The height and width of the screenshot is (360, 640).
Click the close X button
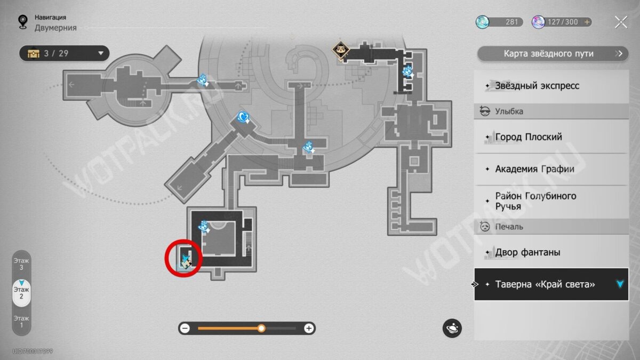(x=621, y=22)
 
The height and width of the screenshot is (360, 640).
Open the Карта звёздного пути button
(x=553, y=53)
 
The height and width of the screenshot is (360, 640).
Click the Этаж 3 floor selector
(x=21, y=263)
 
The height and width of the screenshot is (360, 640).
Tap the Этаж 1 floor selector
(x=21, y=321)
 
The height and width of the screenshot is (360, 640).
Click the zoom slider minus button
(x=185, y=329)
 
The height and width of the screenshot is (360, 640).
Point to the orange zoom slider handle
(x=261, y=329)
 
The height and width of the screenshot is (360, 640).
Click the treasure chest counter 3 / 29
(x=64, y=53)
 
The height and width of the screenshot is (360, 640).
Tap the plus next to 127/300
(x=588, y=22)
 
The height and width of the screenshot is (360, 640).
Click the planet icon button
(x=452, y=329)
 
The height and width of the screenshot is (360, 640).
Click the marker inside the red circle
(x=186, y=260)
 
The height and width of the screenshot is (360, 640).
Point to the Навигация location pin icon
(x=22, y=21)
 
